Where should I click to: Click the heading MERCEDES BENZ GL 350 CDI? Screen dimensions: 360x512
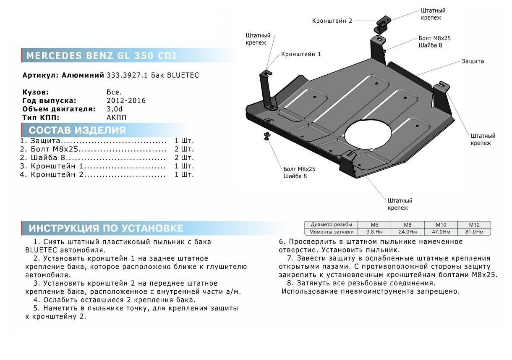[x=102, y=56]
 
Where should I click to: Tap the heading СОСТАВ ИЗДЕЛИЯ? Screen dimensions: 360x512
[x=77, y=130]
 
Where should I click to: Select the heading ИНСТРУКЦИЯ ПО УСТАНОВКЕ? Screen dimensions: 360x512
[x=106, y=228]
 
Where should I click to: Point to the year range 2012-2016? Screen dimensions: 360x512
[x=126, y=101]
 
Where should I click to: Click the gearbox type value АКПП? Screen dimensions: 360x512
[x=116, y=117]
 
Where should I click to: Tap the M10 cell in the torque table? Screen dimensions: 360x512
[x=441, y=225]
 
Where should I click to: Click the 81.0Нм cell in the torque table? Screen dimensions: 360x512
[x=474, y=232]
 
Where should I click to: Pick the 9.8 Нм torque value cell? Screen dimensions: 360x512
[x=374, y=232]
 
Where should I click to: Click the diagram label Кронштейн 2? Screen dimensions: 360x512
[x=332, y=21]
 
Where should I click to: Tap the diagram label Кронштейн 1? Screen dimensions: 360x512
[x=301, y=54]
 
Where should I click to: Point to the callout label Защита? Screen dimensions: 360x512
[x=473, y=61]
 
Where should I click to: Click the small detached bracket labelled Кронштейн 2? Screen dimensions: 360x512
[x=383, y=24]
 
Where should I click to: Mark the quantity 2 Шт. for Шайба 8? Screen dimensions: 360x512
[x=184, y=158]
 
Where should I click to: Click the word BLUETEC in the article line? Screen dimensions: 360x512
[x=183, y=76]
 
